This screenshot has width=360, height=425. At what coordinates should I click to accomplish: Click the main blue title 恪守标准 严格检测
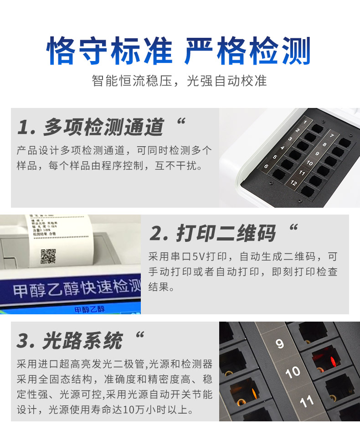(x=179, y=51)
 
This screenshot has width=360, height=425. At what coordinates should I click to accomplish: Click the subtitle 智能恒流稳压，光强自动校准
(x=179, y=81)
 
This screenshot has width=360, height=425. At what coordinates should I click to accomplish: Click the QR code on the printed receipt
(x=48, y=256)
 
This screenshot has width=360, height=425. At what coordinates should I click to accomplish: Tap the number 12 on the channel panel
(x=293, y=183)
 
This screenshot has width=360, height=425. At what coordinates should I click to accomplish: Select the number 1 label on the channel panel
(x=305, y=122)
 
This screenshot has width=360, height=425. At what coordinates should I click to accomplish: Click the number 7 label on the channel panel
(x=332, y=136)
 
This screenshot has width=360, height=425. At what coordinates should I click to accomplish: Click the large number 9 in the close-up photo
(x=280, y=343)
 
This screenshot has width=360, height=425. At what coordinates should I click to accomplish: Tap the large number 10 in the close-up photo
(x=293, y=372)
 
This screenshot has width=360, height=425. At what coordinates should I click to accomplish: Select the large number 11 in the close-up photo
(x=307, y=401)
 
